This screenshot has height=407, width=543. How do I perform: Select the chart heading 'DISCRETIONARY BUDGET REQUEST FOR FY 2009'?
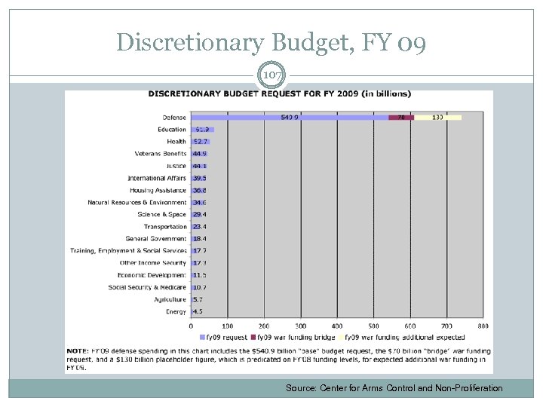(x=279, y=94)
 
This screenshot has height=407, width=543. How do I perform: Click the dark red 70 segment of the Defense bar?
(x=401, y=118)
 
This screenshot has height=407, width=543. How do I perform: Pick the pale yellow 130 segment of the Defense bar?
(x=438, y=118)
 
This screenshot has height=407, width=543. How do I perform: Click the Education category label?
(x=172, y=130)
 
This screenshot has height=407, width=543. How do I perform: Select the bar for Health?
(x=200, y=142)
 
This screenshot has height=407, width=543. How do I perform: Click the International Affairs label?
(x=157, y=178)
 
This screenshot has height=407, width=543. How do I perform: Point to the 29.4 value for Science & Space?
(x=200, y=215)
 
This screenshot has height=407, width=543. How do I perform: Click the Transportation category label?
(x=165, y=227)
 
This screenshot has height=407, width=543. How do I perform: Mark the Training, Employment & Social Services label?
(x=128, y=251)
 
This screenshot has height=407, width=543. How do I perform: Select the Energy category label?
(x=176, y=311)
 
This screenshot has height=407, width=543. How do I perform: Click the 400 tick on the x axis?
(x=337, y=326)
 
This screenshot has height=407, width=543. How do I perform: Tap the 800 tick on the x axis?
(x=483, y=326)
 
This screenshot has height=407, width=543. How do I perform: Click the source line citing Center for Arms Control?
(x=394, y=388)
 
